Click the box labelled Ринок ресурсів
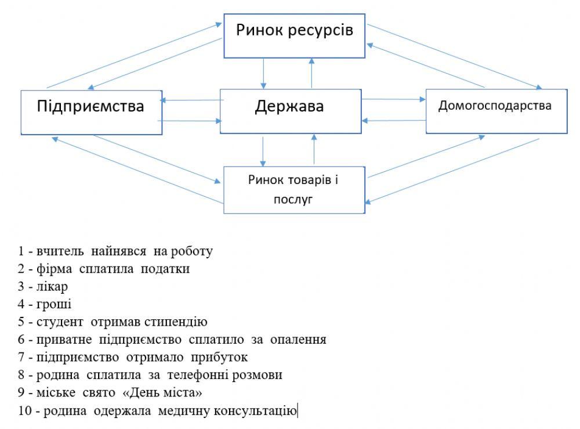point(295,35)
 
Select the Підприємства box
point(90,112)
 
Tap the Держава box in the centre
point(289,110)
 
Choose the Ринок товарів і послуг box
point(293,189)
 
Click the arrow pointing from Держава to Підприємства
point(191,100)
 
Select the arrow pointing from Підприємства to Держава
point(191,121)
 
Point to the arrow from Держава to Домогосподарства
point(392,99)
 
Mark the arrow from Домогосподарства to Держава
point(392,121)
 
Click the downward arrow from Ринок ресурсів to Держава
point(264,73)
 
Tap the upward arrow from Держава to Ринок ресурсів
point(311,73)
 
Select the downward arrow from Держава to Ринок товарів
point(263,151)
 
